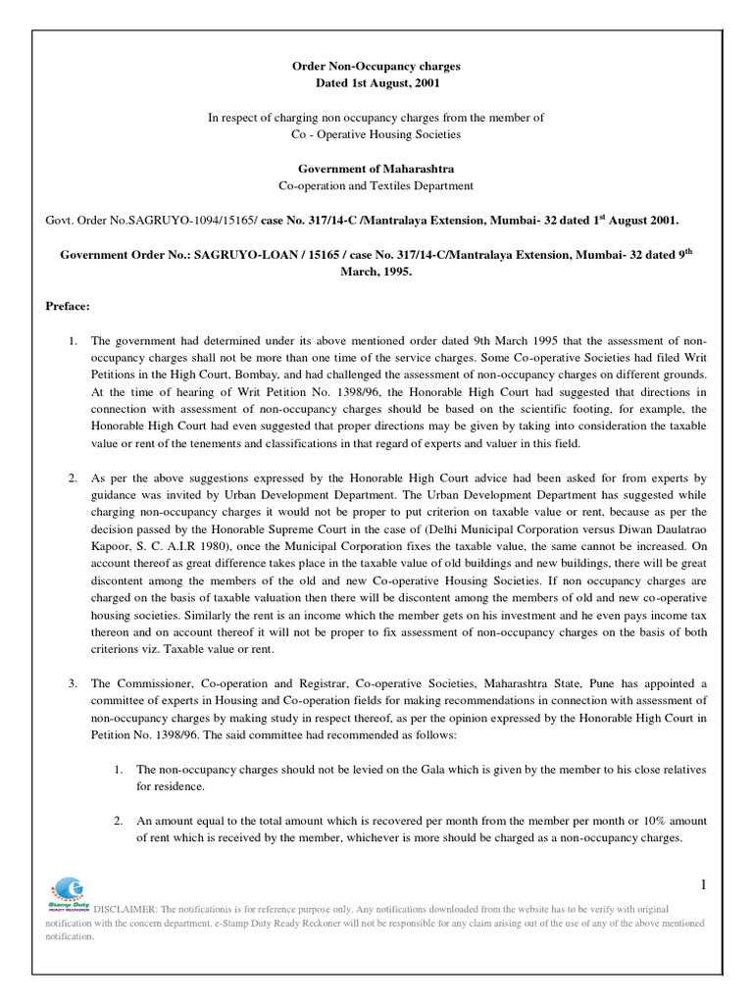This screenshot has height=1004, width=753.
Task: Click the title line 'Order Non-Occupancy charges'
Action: (x=376, y=66)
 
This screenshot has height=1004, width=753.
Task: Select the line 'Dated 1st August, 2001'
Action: (x=376, y=82)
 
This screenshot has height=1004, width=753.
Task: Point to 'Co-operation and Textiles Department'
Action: (x=376, y=185)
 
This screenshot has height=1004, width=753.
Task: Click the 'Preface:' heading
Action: (x=67, y=306)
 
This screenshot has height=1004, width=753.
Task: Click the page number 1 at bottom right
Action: (x=702, y=859)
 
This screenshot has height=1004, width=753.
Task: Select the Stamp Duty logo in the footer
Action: (x=65, y=890)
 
